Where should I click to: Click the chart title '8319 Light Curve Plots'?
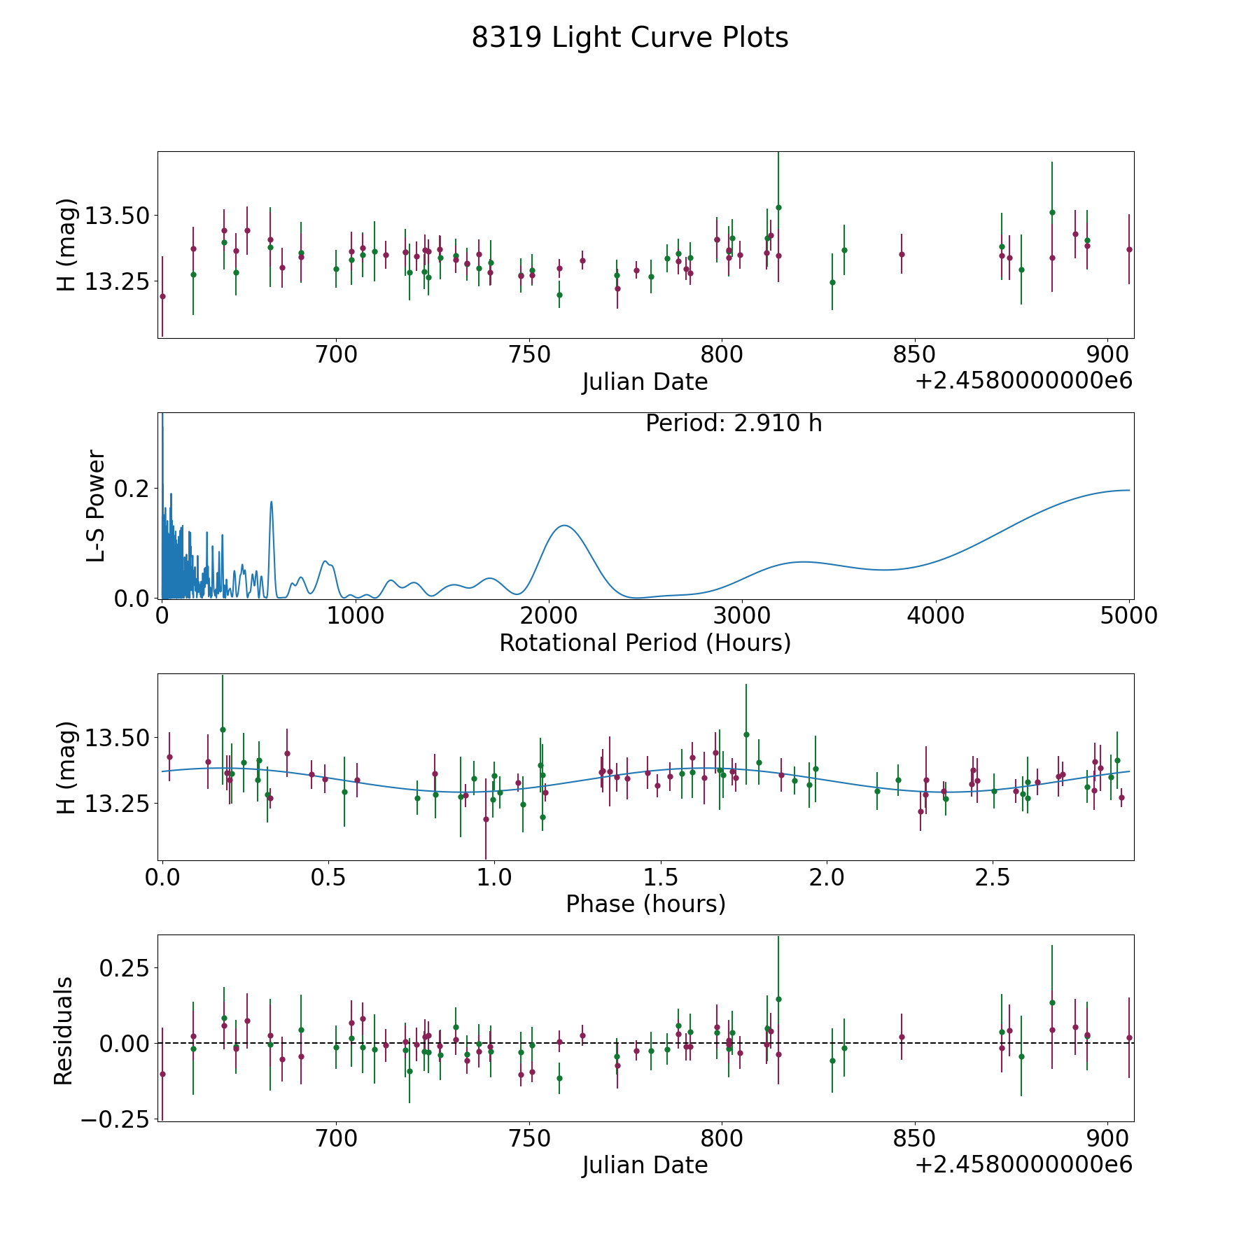(629, 38)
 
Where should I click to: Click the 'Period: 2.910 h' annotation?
(733, 423)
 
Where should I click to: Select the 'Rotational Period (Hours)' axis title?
(645, 643)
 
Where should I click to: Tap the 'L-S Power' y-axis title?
(96, 505)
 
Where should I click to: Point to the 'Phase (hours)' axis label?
(645, 904)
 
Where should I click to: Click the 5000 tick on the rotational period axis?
(1128, 615)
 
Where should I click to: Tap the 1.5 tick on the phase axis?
(661, 877)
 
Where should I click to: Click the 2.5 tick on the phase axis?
(993, 877)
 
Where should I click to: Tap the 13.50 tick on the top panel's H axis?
(117, 216)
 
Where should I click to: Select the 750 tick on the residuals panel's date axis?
(529, 1138)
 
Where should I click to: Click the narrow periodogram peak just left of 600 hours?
(271, 501)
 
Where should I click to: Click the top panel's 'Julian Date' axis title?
(645, 382)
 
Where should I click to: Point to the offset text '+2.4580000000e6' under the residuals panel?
(1023, 1164)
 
